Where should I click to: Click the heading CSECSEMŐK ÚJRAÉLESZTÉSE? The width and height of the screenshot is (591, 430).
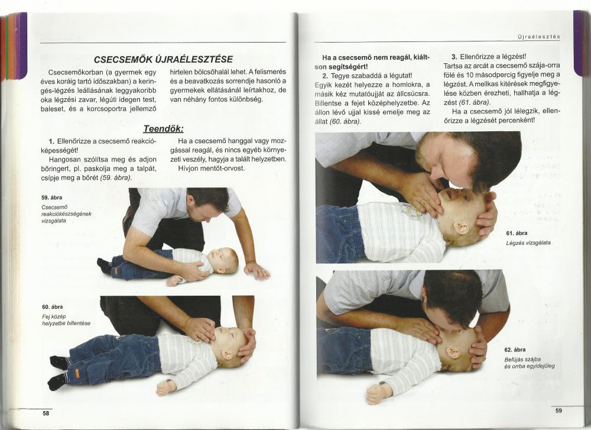tap(163, 59)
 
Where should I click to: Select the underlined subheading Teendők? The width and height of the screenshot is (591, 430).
tap(163, 128)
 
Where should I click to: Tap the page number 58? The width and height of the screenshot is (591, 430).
tap(46, 413)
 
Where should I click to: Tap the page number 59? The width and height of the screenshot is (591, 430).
tap(558, 410)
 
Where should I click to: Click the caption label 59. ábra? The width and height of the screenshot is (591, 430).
tap(51, 198)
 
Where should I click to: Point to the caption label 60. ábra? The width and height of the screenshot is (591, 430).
tap(53, 307)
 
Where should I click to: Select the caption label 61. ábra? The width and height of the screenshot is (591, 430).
tap(517, 233)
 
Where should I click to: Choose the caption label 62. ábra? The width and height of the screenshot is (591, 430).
tap(515, 350)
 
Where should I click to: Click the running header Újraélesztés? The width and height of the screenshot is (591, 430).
tap(540, 37)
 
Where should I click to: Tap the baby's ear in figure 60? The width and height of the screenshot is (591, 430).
tap(226, 354)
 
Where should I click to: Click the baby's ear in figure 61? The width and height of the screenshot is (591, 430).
tap(460, 228)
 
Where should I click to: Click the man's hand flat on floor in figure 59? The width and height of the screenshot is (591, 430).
tap(256, 270)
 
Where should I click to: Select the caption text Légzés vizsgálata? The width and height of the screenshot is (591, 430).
tap(528, 243)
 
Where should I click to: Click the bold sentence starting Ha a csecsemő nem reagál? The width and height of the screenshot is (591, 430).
tap(372, 62)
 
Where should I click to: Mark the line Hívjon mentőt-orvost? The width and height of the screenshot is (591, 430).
tap(212, 168)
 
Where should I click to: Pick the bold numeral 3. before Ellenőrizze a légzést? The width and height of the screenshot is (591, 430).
tap(454, 57)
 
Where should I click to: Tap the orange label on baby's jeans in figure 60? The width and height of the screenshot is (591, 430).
tap(77, 373)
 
